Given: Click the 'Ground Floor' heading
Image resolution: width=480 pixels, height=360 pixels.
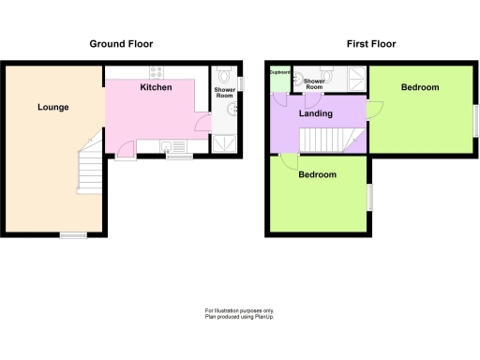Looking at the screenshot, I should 121,44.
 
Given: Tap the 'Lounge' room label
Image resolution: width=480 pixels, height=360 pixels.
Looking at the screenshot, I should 52,107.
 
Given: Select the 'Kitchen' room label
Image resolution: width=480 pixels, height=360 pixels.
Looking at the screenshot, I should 156,87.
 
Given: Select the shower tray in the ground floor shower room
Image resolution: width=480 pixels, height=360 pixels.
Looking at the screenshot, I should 225,142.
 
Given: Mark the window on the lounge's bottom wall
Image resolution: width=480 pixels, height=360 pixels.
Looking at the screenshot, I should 73,235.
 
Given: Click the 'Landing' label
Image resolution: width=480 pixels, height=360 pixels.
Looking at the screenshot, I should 314,113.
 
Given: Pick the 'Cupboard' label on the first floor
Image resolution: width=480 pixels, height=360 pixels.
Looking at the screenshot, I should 278,71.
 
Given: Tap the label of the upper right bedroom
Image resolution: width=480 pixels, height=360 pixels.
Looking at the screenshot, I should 419,87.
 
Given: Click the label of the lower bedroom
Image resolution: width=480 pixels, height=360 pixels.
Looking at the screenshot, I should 317,175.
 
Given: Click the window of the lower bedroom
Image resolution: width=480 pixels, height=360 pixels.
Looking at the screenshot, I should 367,197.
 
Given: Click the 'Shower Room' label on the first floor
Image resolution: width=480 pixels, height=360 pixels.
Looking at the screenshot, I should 314,84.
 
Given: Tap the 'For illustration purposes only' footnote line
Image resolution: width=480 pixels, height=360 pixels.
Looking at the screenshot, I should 239,310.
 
